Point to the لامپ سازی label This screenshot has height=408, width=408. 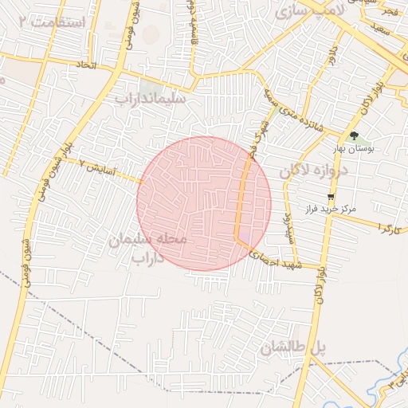tap(308, 11)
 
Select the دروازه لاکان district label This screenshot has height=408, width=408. tap(316, 171)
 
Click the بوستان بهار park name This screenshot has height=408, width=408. tap(354, 149)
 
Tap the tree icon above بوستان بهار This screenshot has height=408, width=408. tap(354, 135)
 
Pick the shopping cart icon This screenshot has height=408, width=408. tap(331, 196)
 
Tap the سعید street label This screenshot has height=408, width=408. tap(379, 28)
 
